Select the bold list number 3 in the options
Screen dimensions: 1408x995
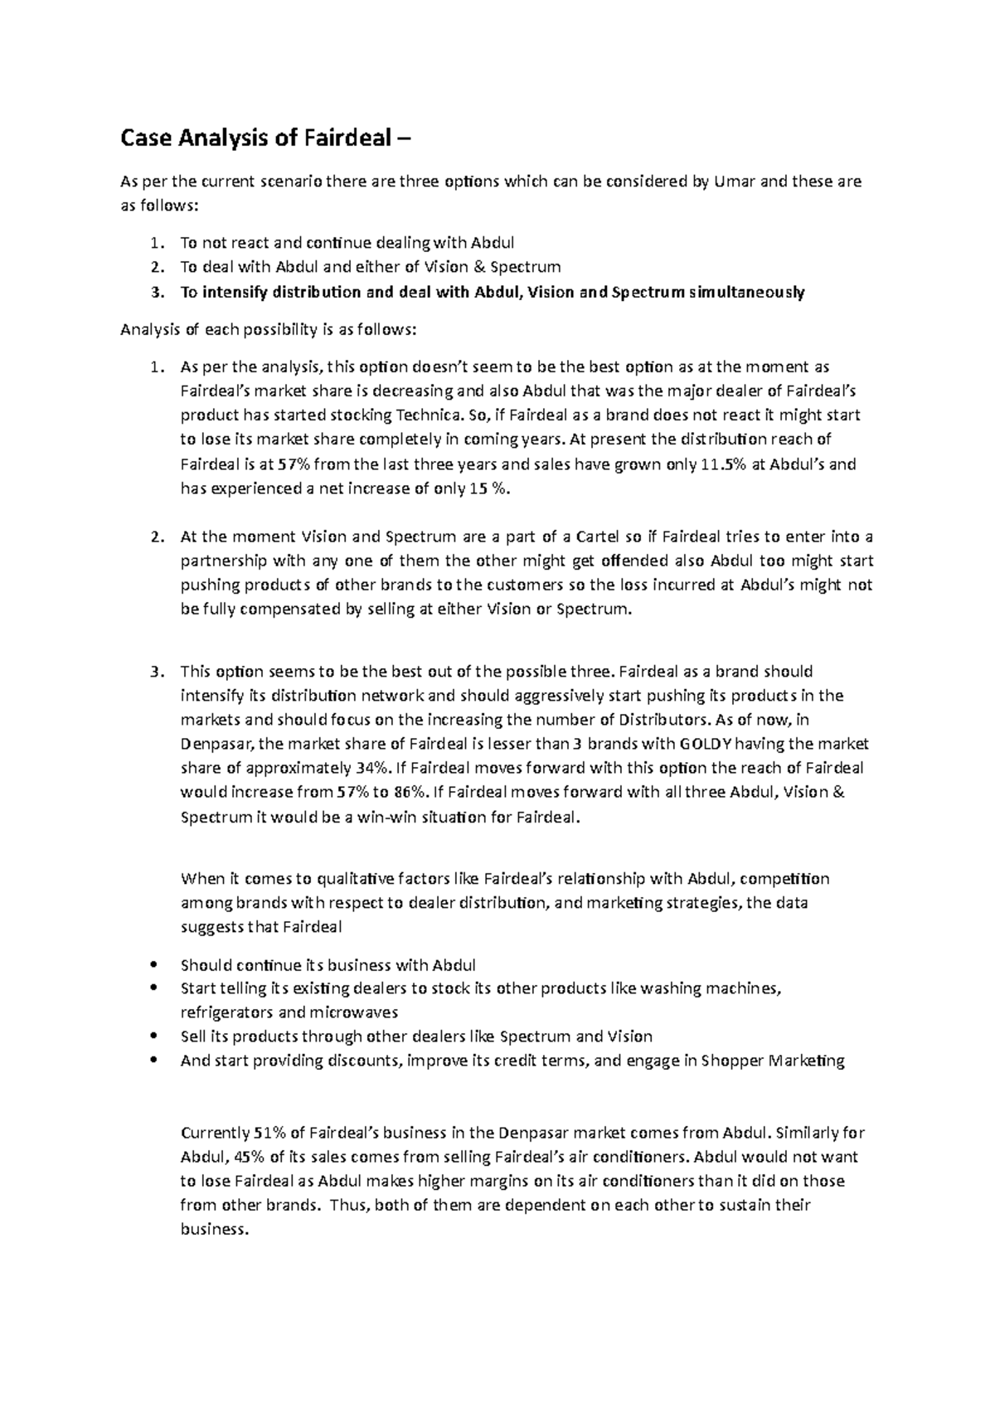158,292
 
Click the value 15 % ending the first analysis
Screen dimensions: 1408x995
490,489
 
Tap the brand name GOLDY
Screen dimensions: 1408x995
706,744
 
